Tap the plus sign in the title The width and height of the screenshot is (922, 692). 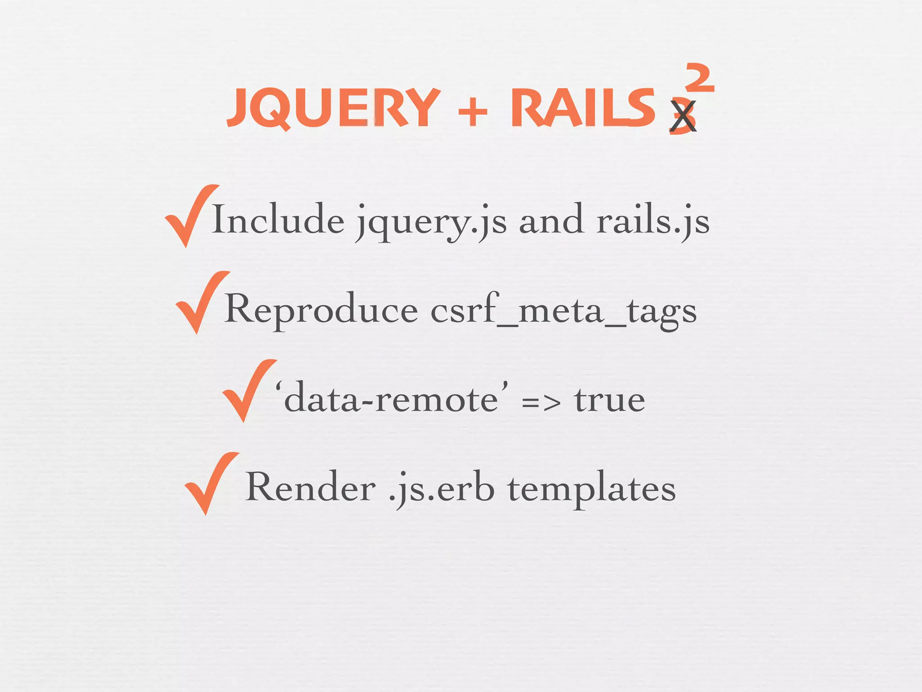[x=473, y=110]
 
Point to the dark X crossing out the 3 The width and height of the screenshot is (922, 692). [x=683, y=116]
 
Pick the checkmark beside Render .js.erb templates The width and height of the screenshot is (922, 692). [x=210, y=483]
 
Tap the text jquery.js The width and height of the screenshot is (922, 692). [x=431, y=222]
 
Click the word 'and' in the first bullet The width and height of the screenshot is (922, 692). [x=551, y=220]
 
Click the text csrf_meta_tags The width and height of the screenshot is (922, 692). [x=563, y=311]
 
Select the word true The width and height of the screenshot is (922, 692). [x=610, y=399]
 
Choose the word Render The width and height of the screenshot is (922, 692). [x=311, y=487]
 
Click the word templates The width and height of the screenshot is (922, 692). [x=592, y=489]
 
